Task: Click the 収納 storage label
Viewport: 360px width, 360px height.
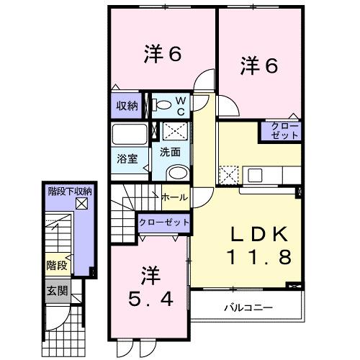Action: coord(127,106)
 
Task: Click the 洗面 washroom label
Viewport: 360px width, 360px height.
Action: coord(170,153)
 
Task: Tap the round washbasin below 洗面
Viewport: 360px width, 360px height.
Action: coord(176,171)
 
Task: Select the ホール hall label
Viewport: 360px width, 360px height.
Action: coord(174,197)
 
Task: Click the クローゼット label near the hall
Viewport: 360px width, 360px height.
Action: coord(164,222)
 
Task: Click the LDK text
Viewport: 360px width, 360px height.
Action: coord(259,235)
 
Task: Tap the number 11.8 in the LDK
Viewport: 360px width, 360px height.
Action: coord(259,256)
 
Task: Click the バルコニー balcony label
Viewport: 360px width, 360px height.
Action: coord(248,307)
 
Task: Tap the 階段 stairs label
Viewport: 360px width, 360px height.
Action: coord(58,266)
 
